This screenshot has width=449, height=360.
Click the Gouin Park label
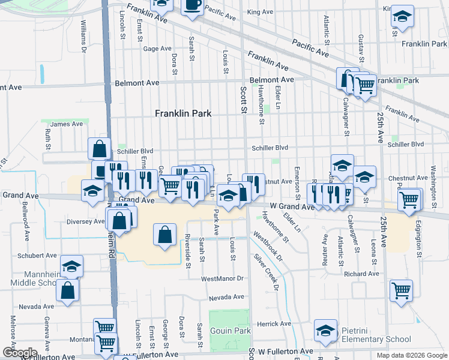[230, 331]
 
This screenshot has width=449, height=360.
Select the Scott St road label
[243, 99]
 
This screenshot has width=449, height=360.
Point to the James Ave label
[67, 124]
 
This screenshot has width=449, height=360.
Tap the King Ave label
[260, 12]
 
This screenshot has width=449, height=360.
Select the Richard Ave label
[366, 274]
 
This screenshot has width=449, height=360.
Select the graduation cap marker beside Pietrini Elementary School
[325, 331]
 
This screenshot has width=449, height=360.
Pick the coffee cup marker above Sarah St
[193, 5]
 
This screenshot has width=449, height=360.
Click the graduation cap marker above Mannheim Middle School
[71, 266]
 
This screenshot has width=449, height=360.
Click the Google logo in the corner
[19, 353]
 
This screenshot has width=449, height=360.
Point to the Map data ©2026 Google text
[411, 355]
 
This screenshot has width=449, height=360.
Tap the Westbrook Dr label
[267, 246]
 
